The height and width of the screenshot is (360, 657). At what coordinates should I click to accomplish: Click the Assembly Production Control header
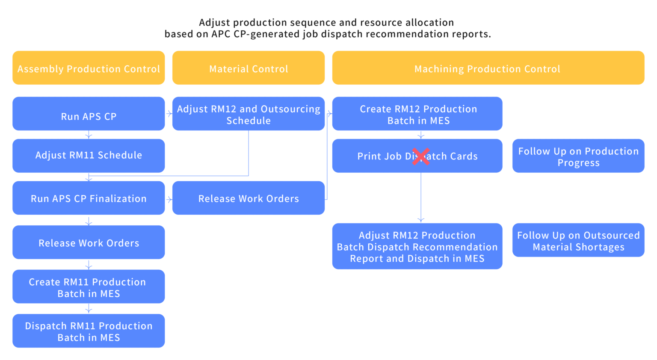click(89, 68)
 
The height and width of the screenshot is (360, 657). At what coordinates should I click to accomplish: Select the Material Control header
click(249, 68)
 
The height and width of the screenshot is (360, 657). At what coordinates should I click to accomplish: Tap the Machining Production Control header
click(488, 68)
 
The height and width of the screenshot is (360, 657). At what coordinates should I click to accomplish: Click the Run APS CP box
click(89, 114)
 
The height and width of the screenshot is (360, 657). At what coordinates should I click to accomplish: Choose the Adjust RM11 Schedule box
click(89, 156)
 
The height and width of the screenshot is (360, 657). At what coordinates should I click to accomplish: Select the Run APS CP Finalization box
click(89, 198)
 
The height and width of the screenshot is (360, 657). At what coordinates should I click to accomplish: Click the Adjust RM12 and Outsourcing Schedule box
click(249, 114)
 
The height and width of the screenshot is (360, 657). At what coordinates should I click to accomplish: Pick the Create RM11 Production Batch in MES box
click(89, 286)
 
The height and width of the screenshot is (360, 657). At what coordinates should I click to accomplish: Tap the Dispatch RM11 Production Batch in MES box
click(89, 331)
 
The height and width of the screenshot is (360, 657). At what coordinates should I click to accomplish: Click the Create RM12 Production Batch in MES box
click(417, 114)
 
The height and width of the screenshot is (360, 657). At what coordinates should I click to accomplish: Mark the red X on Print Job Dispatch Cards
click(421, 156)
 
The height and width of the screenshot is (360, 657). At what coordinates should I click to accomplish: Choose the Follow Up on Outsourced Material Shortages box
click(578, 240)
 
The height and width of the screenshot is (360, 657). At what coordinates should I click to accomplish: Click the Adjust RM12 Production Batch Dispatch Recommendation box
click(417, 246)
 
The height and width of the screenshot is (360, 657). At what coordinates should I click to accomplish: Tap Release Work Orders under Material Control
click(249, 198)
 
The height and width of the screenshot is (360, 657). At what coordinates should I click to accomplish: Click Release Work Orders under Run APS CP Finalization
click(89, 242)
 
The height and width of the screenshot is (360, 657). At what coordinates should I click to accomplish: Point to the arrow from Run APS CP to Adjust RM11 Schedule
click(89, 135)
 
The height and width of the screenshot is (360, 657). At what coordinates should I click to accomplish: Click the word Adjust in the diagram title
click(215, 22)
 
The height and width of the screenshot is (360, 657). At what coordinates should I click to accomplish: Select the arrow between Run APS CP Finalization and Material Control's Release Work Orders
click(169, 199)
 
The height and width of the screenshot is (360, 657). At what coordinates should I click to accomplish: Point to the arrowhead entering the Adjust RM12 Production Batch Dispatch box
click(421, 220)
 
